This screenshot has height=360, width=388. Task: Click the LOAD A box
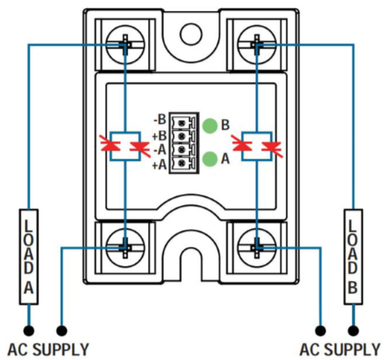click(x=28, y=256)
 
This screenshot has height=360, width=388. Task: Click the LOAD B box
click(x=352, y=256)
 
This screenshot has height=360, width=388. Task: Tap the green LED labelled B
click(x=210, y=125)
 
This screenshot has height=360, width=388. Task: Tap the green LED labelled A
click(x=210, y=158)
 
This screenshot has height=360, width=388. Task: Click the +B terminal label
click(x=160, y=134)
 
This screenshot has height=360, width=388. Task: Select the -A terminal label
click(x=160, y=149)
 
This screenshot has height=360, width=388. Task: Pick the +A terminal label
click(x=160, y=164)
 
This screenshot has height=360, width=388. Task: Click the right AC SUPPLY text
click(x=338, y=349)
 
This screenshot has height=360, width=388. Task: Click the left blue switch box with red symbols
click(x=126, y=144)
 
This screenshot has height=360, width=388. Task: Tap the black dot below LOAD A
click(x=28, y=327)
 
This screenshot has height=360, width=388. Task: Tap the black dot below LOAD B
click(x=352, y=327)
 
